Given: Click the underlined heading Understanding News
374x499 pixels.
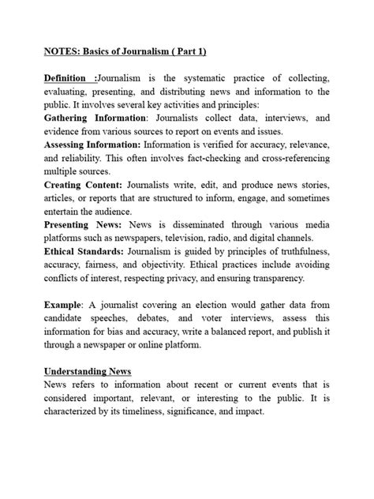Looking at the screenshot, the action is click(88, 371).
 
